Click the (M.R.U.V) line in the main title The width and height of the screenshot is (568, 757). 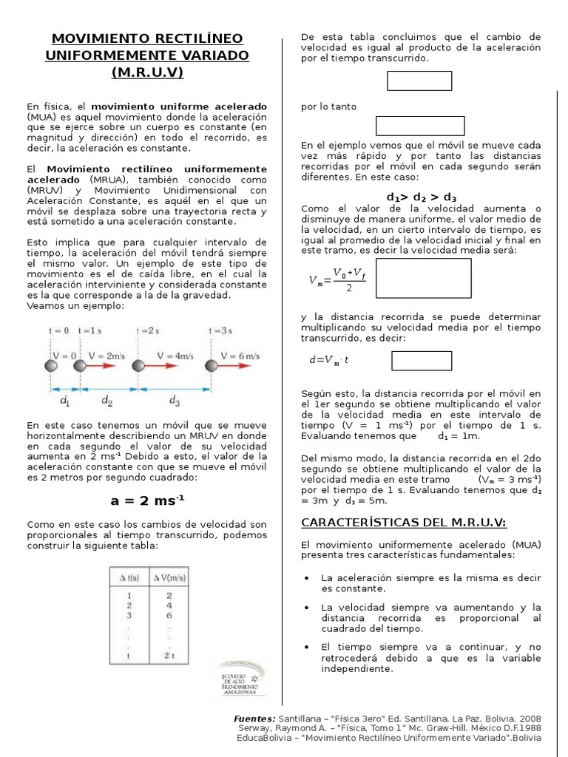[148, 73]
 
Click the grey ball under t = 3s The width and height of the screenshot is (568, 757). [212, 365]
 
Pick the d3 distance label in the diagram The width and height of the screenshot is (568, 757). [175, 401]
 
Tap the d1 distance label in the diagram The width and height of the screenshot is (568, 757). [65, 401]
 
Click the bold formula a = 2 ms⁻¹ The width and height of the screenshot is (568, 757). [148, 500]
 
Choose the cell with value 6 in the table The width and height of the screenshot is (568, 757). [169, 614]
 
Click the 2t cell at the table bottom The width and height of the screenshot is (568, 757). [169, 655]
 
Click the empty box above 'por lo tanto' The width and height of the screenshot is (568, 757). [419, 81]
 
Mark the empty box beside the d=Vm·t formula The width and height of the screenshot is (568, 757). [421, 361]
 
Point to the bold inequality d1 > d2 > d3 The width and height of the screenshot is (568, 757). [421, 198]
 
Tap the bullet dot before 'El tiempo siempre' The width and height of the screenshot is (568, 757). [306, 646]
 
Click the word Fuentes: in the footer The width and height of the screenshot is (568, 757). [254, 718]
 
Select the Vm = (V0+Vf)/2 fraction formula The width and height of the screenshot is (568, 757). [337, 279]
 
